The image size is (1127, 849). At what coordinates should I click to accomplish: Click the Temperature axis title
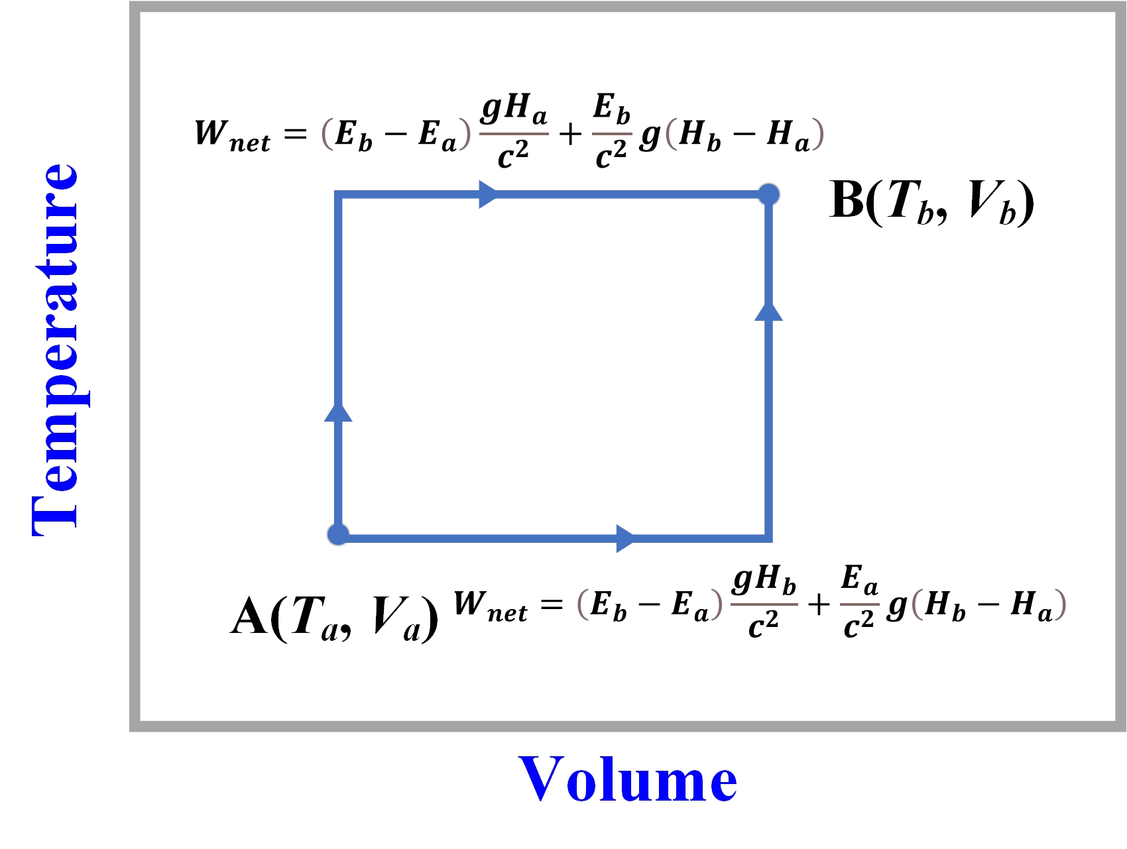pos(56,350)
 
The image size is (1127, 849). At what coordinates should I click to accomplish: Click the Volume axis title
pos(628,779)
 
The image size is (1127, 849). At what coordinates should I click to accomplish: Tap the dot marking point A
pos(338,534)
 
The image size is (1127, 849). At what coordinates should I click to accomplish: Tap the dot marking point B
pos(768,194)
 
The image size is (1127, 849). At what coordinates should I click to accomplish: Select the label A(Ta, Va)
pos(335,617)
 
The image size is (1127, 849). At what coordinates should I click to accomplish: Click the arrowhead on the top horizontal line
pos(488,194)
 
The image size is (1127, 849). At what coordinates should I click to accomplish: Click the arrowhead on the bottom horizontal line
pos(624,538)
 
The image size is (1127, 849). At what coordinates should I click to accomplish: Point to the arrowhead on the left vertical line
pos(338,412)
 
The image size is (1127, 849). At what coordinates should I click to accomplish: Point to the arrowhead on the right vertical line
pos(768,311)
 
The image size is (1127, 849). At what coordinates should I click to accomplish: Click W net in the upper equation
pos(232,135)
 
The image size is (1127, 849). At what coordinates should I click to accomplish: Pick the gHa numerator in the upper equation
pos(514,109)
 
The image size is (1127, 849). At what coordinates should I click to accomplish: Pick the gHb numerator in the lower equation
pos(764,580)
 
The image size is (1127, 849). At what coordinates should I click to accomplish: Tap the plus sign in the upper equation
pos(570,135)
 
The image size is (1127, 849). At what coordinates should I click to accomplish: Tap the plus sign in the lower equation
pos(819,604)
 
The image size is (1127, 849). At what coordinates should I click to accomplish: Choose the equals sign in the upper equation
pos(296,135)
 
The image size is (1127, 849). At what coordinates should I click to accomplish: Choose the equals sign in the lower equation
pos(552,604)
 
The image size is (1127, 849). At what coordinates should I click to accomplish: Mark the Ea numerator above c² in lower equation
pos(859,580)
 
